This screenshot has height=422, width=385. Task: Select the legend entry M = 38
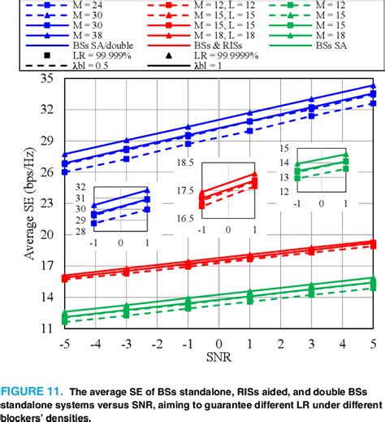point(87,37)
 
